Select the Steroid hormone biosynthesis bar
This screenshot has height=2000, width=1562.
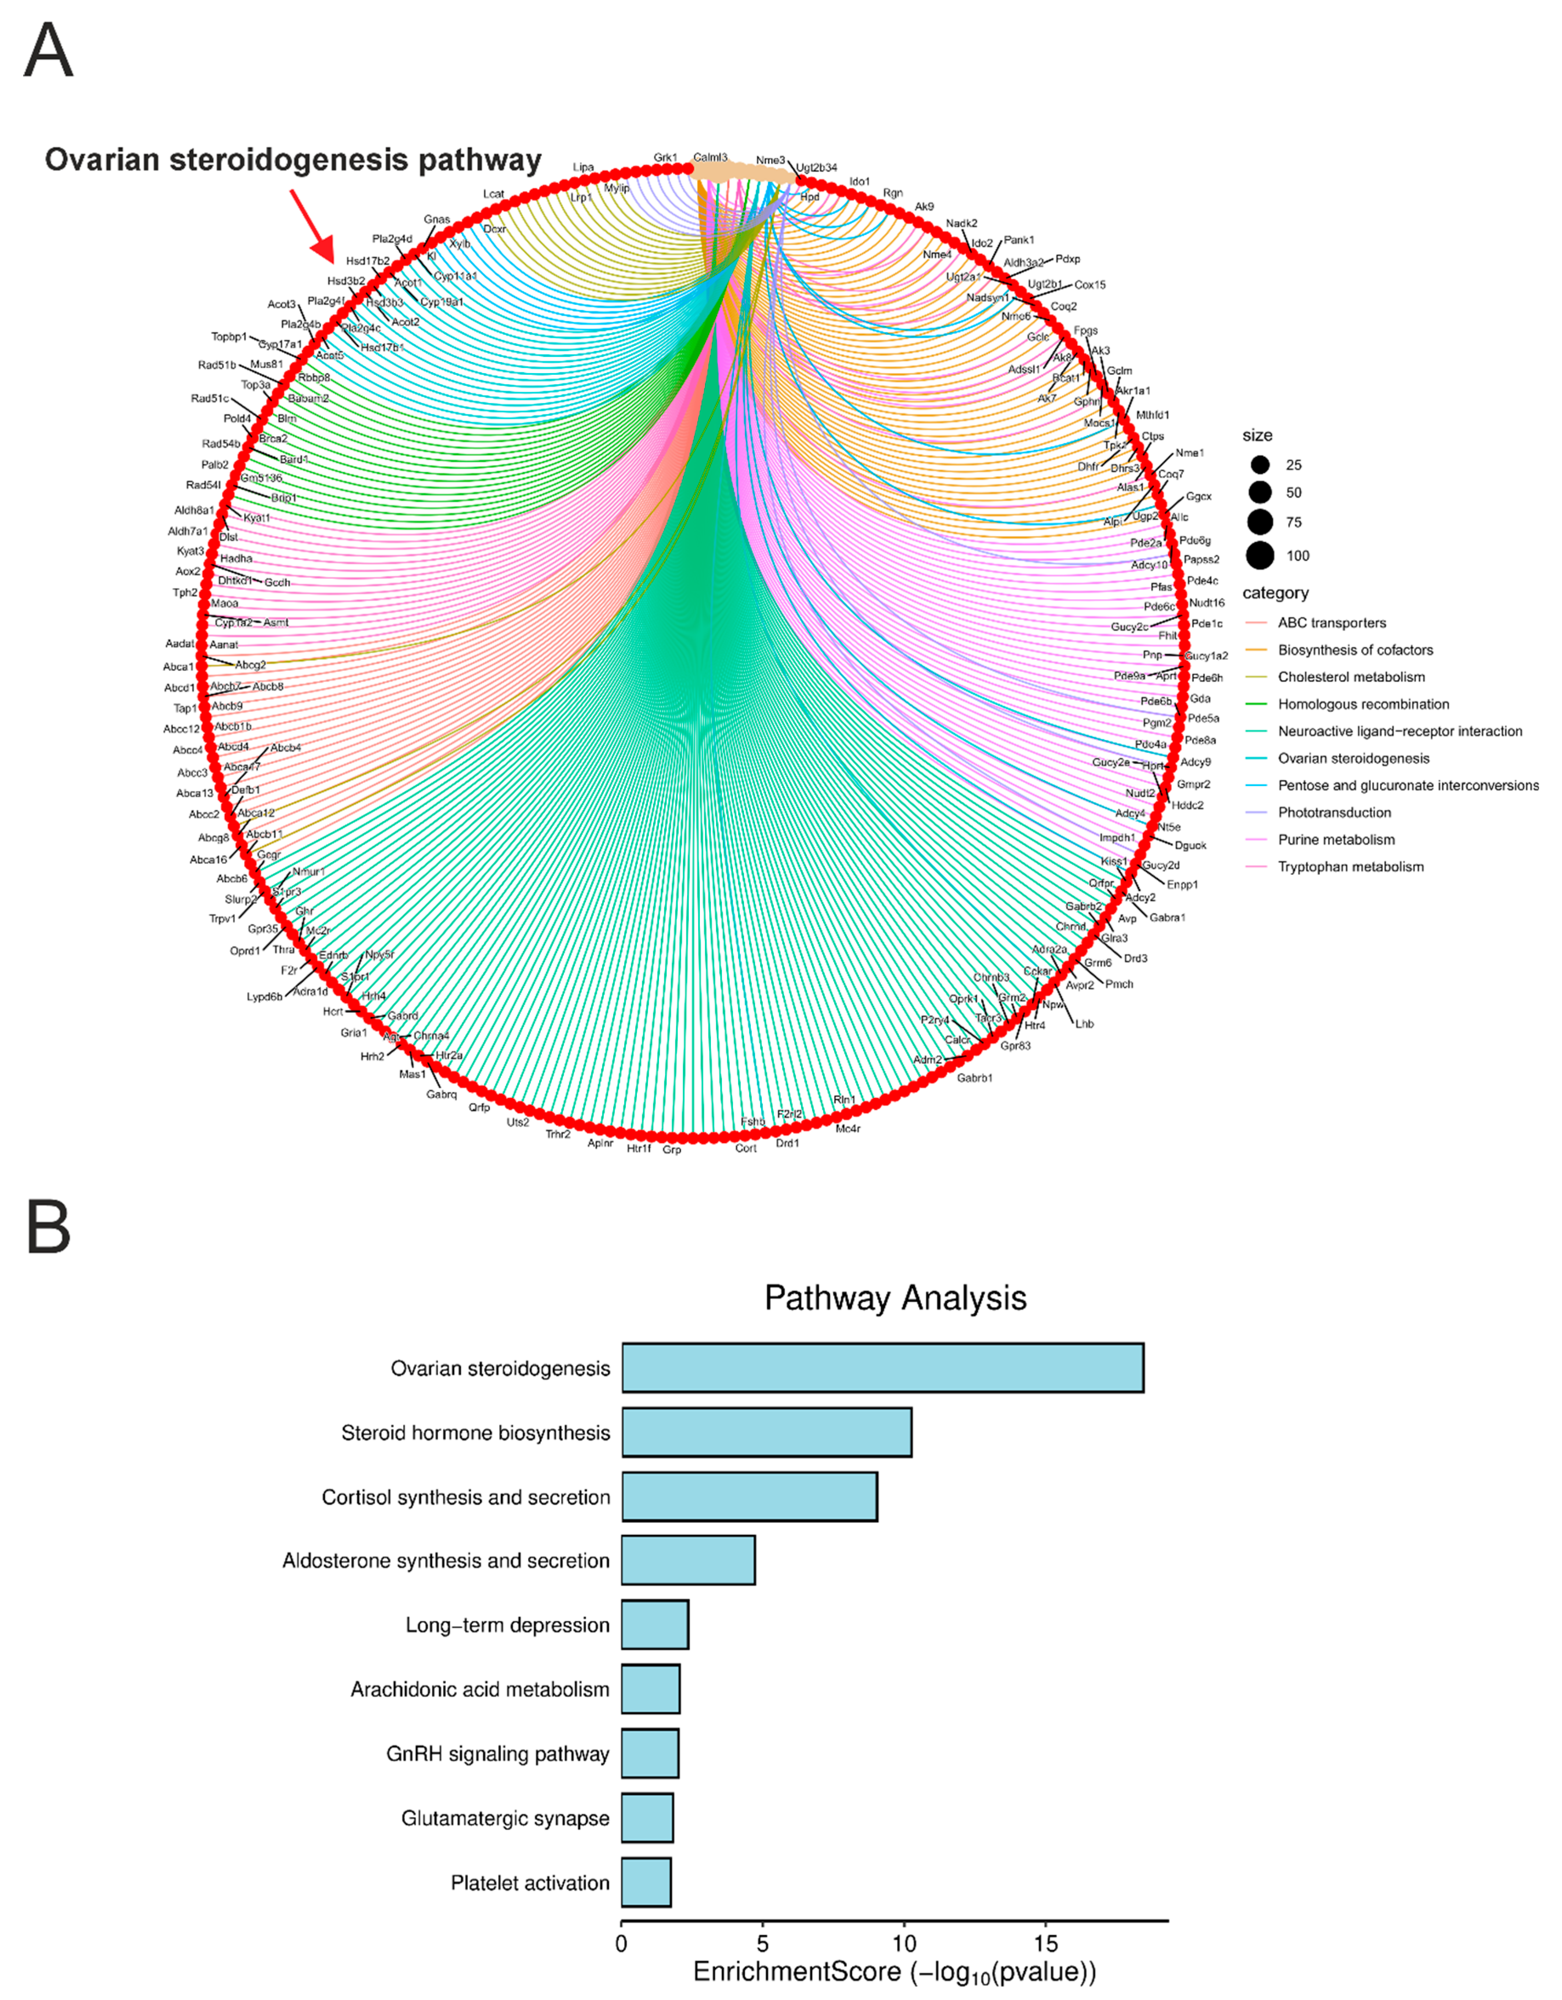pyautogui.click(x=767, y=1432)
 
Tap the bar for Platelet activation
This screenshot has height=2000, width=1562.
pyautogui.click(x=646, y=1882)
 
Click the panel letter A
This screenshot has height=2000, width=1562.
pyautogui.click(x=48, y=51)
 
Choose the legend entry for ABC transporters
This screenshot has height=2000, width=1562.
pyautogui.click(x=1331, y=623)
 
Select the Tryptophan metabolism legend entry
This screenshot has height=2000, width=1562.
pyautogui.click(x=1350, y=866)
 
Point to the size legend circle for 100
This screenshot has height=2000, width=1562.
pyautogui.click(x=1260, y=555)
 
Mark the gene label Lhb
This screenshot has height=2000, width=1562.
pyautogui.click(x=1084, y=1024)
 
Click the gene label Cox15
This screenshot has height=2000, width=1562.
pyautogui.click(x=1089, y=285)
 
